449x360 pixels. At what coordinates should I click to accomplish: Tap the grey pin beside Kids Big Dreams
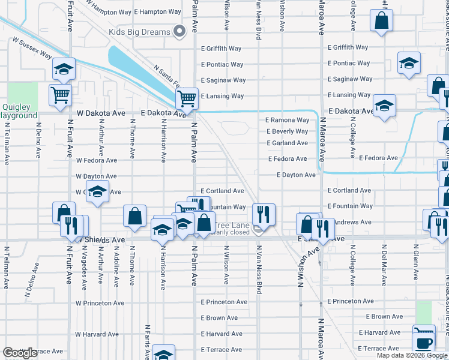click(178, 32)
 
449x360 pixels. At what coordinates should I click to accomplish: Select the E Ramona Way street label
click(288, 120)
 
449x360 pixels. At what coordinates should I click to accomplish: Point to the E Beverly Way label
click(287, 131)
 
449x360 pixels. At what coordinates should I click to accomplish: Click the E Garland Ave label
click(287, 143)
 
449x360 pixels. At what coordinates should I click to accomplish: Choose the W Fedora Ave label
click(96, 160)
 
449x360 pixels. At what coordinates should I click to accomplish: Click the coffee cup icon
click(425, 343)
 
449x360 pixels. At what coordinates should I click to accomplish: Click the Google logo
click(19, 353)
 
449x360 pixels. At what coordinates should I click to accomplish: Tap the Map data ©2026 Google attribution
click(412, 355)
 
